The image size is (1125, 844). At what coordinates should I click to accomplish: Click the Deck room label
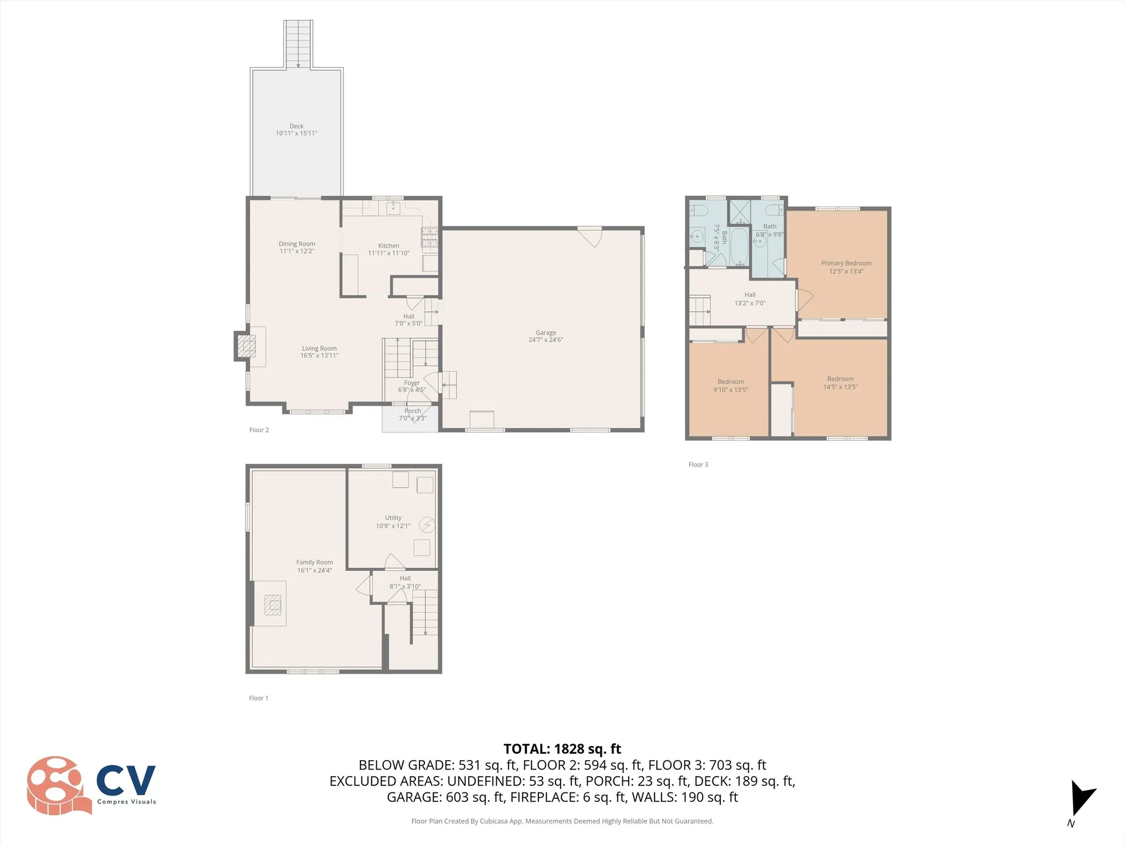tap(296, 126)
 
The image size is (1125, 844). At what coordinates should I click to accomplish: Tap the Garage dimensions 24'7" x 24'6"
tap(546, 340)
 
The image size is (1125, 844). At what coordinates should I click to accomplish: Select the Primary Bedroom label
tap(846, 263)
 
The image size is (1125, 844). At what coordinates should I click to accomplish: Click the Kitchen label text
tap(388, 246)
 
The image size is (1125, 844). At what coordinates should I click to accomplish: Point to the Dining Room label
tap(296, 244)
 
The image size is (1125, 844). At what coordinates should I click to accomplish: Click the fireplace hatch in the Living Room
tap(247, 346)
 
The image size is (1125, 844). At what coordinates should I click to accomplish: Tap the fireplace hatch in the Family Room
tap(272, 604)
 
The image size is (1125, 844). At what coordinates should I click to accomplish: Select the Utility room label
tap(393, 518)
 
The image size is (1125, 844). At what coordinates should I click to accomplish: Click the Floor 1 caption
tap(258, 698)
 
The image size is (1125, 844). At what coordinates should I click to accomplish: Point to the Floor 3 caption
tap(698, 464)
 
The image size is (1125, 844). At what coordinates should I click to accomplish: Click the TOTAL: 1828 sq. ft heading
tap(562, 748)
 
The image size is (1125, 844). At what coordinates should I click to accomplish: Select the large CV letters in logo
tap(126, 780)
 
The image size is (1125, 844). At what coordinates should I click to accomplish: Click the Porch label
tap(412, 411)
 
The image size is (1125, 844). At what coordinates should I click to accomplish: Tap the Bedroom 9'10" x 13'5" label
tap(731, 385)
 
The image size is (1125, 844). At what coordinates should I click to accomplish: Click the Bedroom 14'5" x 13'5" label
tap(840, 382)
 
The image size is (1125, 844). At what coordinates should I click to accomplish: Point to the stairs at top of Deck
tap(298, 44)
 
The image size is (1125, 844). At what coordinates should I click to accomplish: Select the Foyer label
tap(412, 383)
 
